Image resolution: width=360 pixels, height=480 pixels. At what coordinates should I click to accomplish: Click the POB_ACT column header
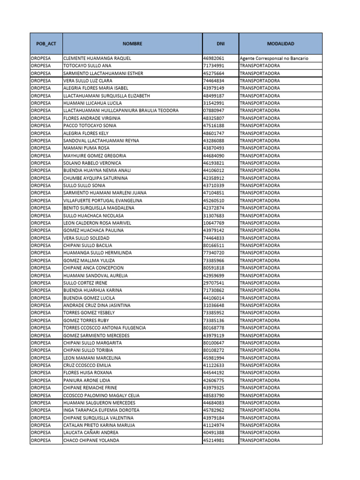[x=46, y=44]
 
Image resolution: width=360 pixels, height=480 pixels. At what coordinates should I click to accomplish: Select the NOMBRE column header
[x=132, y=44]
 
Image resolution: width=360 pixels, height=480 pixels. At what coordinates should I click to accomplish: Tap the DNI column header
[x=220, y=44]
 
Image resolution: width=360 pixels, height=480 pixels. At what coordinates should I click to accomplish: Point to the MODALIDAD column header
[x=280, y=44]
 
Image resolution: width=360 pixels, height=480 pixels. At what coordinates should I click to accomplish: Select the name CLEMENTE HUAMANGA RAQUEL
[x=97, y=59]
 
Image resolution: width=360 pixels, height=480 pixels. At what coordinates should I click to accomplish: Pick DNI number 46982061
[x=214, y=59]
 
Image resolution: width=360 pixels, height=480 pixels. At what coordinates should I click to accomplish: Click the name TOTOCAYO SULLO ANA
[x=87, y=66]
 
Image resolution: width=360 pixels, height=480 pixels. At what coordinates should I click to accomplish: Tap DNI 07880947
[x=214, y=111]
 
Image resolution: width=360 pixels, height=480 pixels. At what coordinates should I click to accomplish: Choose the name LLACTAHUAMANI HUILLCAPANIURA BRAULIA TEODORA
[x=120, y=111]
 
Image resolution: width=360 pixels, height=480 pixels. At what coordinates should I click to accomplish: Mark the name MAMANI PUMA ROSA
[x=86, y=148]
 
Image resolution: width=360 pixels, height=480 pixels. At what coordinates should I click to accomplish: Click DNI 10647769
[x=214, y=223]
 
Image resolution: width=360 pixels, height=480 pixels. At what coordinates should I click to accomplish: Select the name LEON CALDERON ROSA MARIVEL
[x=97, y=223]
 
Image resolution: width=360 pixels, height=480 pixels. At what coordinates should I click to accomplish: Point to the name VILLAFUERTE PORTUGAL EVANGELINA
[x=103, y=201]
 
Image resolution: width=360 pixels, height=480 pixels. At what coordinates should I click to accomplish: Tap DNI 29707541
[x=214, y=283]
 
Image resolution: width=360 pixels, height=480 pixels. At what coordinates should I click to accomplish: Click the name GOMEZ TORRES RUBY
[x=86, y=321]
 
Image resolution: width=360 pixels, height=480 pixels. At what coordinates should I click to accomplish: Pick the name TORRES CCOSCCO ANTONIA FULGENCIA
[x=104, y=328]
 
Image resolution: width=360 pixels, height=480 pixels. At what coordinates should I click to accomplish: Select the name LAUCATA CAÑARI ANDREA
[x=90, y=433]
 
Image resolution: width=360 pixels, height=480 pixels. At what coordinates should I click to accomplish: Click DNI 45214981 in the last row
[x=214, y=440]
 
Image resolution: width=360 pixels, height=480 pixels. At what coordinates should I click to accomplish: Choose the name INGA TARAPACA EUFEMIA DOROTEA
[x=101, y=410]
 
